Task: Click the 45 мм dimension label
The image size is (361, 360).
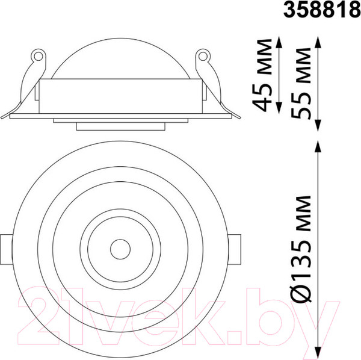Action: tap(262, 75)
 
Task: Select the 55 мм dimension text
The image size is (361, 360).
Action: tap(301, 84)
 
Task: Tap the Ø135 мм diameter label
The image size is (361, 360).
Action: tap(301, 249)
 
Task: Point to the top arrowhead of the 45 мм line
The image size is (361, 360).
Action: tap(279, 42)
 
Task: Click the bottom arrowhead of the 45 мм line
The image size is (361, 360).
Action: tap(279, 108)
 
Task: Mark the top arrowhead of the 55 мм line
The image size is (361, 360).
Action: tap(318, 42)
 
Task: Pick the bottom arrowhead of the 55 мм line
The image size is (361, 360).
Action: tap(318, 126)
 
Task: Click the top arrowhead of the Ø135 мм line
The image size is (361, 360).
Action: tap(318, 146)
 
